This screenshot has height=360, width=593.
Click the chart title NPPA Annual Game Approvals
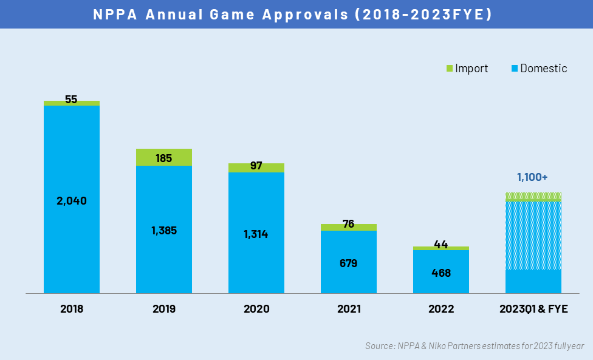click(292, 14)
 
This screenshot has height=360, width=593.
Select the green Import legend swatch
click(450, 69)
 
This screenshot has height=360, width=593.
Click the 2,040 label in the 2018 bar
click(71, 200)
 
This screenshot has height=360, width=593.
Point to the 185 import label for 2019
click(163, 158)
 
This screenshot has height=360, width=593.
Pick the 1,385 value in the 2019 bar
click(163, 231)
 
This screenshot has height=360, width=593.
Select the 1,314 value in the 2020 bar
click(256, 234)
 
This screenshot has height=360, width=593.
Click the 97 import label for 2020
click(256, 166)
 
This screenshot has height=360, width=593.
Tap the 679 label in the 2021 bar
click(348, 263)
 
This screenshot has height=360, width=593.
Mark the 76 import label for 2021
click(348, 224)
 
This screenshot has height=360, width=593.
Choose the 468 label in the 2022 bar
click(440, 273)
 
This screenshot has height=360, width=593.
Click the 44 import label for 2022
click(440, 245)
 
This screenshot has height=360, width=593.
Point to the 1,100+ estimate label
click(532, 177)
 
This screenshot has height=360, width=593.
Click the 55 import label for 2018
click(71, 100)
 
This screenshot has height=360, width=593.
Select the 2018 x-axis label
click(71, 309)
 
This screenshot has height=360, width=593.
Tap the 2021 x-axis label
click(348, 309)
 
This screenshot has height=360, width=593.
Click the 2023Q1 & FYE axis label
click(533, 309)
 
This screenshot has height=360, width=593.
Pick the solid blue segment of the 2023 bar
click(533, 282)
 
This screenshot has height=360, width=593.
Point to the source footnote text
click(474, 346)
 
